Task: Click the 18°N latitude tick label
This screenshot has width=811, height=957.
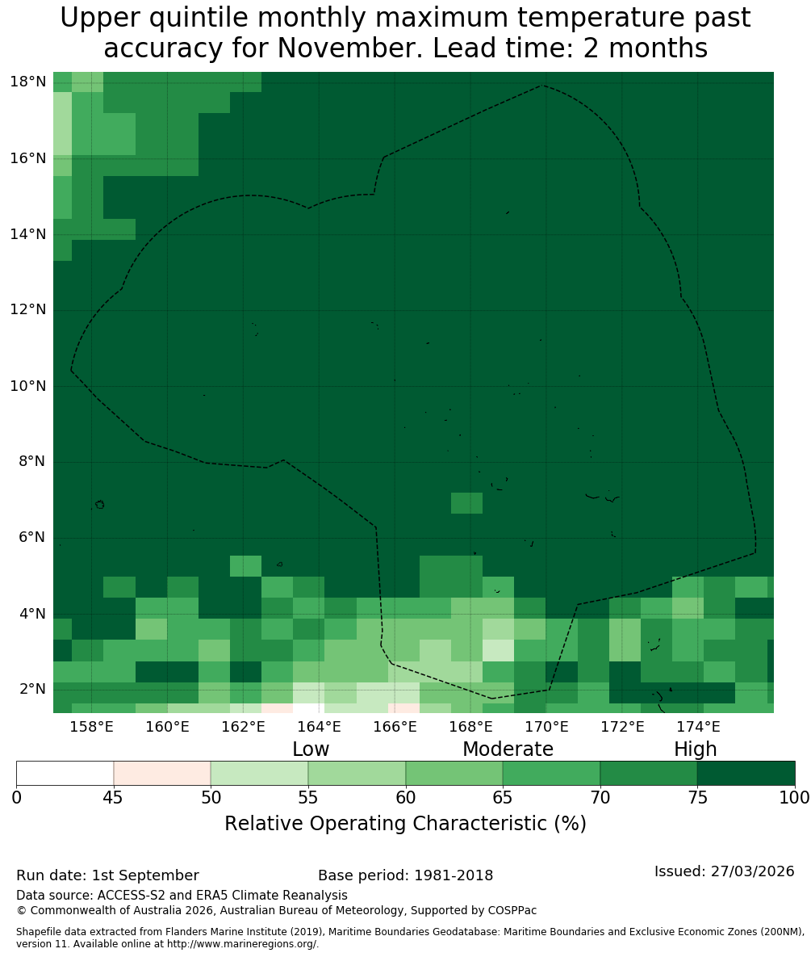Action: pyautogui.click(x=28, y=82)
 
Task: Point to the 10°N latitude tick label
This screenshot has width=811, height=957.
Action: pyautogui.click(x=28, y=386)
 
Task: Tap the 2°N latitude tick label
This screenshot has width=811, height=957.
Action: pyautogui.click(x=32, y=689)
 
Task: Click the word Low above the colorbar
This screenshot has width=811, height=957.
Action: pyautogui.click(x=311, y=749)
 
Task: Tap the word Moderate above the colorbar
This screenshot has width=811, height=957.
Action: pyautogui.click(x=508, y=749)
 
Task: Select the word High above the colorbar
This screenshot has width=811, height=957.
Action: pyautogui.click(x=695, y=749)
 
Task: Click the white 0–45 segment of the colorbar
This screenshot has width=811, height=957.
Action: pyautogui.click(x=65, y=774)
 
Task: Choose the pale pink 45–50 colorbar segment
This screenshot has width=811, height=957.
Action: pyautogui.click(x=162, y=774)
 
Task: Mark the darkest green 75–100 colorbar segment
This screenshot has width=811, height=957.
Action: pyautogui.click(x=746, y=774)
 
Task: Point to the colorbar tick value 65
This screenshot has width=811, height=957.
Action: pyautogui.click(x=503, y=798)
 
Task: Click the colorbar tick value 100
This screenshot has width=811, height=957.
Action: pyautogui.click(x=795, y=798)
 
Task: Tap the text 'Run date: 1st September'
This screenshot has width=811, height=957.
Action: pyautogui.click(x=107, y=875)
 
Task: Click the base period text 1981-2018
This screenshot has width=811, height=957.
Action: pyautogui.click(x=454, y=875)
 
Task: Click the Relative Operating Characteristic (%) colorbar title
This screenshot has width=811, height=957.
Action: pyautogui.click(x=405, y=823)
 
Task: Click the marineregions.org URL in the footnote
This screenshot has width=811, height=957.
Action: pyautogui.click(x=242, y=944)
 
